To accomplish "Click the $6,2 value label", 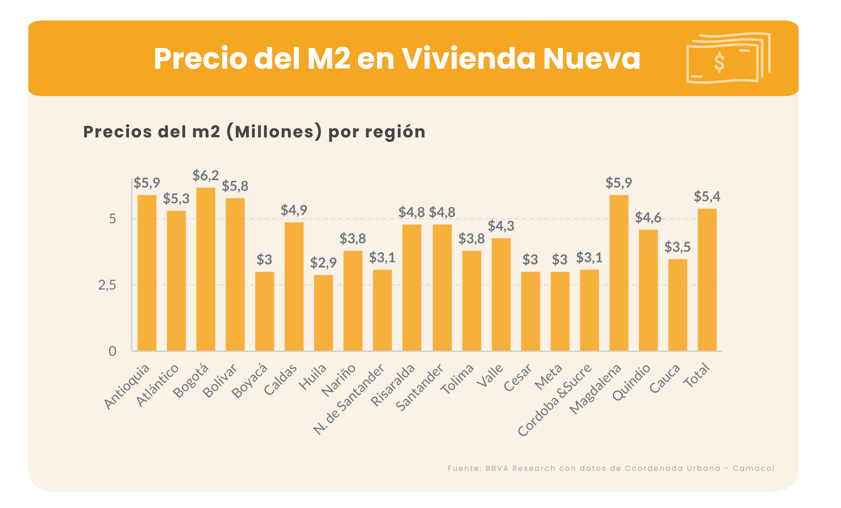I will (206, 175).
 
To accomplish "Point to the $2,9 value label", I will (323, 263).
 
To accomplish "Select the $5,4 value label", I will (707, 196).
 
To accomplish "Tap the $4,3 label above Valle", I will (501, 226).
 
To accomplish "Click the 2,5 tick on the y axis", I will (107, 285).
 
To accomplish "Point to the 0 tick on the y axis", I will (112, 351).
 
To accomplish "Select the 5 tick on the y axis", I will (112, 219).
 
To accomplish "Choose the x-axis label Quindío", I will (632, 382).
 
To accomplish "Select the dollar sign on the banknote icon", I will (719, 62).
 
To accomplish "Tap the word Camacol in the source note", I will (753, 468).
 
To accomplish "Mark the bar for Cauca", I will (678, 305).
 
